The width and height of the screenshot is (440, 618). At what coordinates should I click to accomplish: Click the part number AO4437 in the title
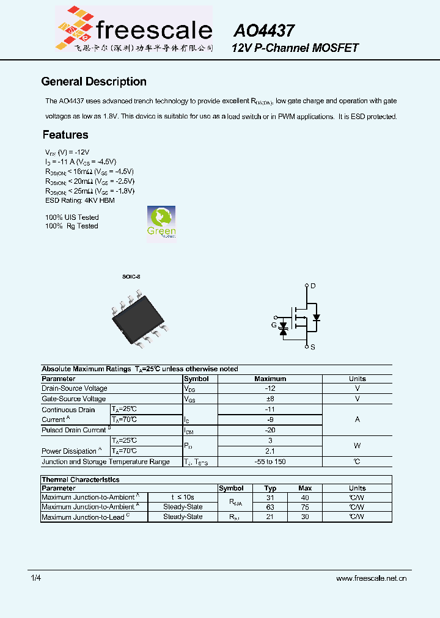click(x=264, y=31)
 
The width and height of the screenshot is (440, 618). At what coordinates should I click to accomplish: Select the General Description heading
click(x=94, y=82)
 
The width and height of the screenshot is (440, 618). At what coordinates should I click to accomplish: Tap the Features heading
click(x=65, y=135)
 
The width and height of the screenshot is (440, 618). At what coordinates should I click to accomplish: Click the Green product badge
click(x=161, y=223)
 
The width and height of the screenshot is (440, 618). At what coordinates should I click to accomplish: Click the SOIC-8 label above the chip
click(x=131, y=277)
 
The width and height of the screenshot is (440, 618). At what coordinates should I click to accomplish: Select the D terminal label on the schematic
click(x=313, y=286)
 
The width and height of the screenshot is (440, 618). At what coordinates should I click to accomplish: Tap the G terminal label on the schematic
click(x=274, y=325)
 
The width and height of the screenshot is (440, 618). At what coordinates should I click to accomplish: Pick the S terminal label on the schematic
click(x=313, y=347)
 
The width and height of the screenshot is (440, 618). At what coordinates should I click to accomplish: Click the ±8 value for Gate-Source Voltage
click(x=269, y=399)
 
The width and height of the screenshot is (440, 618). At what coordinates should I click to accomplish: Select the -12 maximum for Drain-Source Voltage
click(x=269, y=388)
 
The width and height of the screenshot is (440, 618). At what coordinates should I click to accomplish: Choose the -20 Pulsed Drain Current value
click(x=269, y=430)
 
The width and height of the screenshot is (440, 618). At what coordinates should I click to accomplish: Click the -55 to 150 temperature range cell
click(x=269, y=462)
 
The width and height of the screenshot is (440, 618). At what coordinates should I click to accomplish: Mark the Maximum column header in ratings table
click(x=269, y=379)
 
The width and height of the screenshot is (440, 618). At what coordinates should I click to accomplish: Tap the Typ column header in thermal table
click(x=270, y=488)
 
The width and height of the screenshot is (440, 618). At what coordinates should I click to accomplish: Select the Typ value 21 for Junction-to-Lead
click(x=270, y=517)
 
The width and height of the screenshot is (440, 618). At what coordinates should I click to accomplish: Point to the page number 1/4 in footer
click(x=36, y=578)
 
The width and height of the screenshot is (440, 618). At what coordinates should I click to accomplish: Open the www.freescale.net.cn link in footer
click(x=371, y=578)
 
